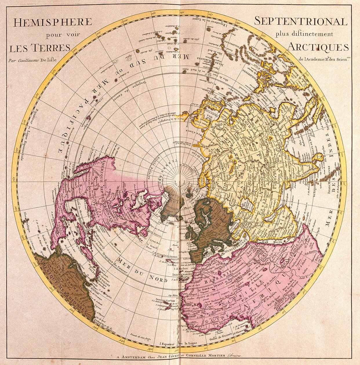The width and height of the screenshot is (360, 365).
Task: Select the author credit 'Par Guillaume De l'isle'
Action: click(33, 60)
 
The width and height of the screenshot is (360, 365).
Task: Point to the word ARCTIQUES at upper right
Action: click(319, 47)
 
